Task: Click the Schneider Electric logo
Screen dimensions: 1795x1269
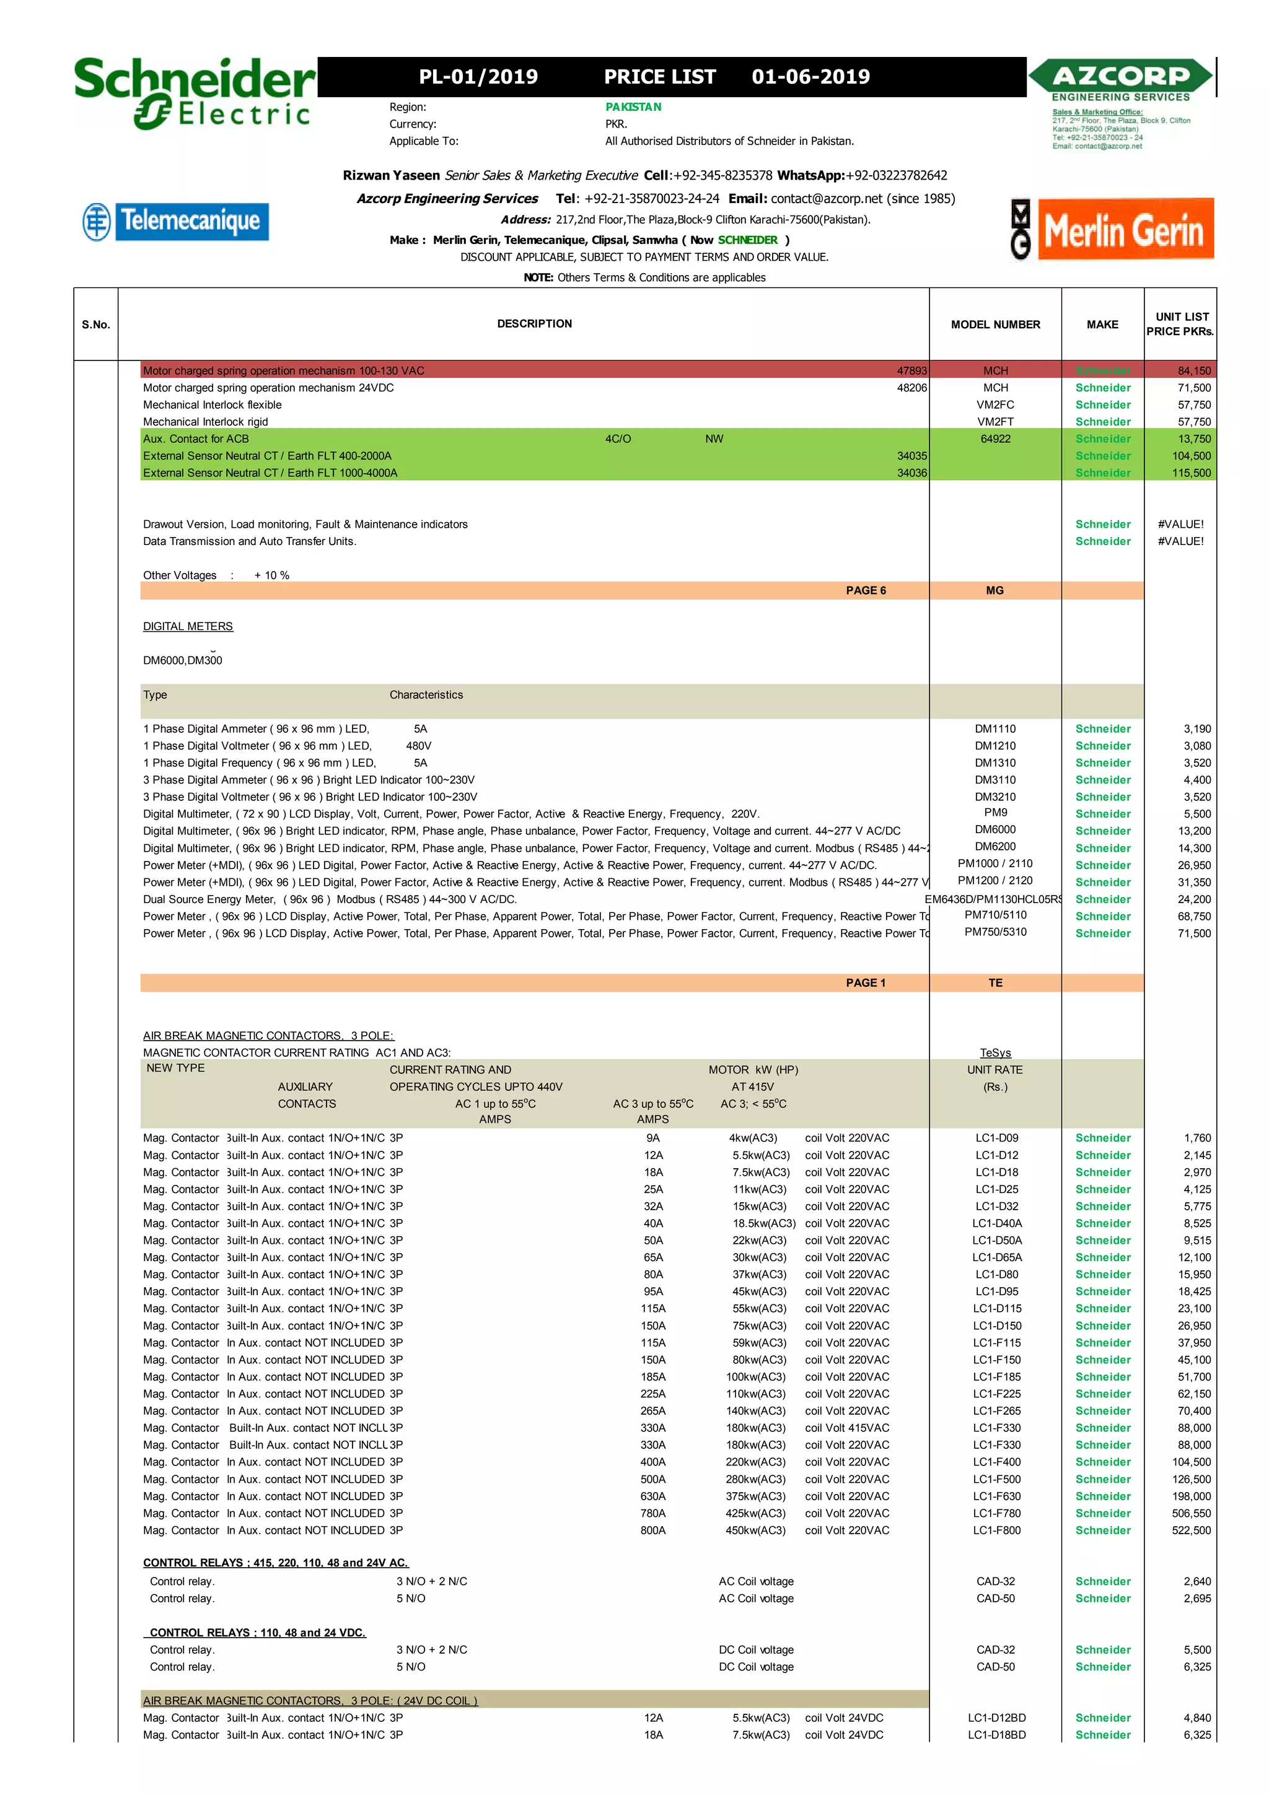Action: pyautogui.click(x=195, y=93)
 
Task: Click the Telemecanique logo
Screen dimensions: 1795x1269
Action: pyautogui.click(x=177, y=221)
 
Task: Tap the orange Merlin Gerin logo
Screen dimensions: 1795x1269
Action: pyautogui.click(x=1125, y=230)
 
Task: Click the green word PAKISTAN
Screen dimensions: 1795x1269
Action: pyautogui.click(x=633, y=107)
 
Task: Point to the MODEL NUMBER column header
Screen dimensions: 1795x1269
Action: pyautogui.click(x=995, y=325)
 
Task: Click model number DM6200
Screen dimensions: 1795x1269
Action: pyautogui.click(x=995, y=847)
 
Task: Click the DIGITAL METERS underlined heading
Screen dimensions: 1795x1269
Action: pyautogui.click(x=188, y=626)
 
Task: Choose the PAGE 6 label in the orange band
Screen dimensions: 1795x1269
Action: pyautogui.click(x=866, y=590)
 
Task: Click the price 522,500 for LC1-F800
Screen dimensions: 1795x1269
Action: pyautogui.click(x=1190, y=1530)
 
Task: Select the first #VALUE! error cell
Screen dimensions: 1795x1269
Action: pyautogui.click(x=1180, y=524)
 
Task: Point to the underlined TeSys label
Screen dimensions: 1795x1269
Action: pyautogui.click(x=995, y=1053)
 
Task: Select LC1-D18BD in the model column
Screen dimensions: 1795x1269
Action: pyautogui.click(x=996, y=1735)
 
